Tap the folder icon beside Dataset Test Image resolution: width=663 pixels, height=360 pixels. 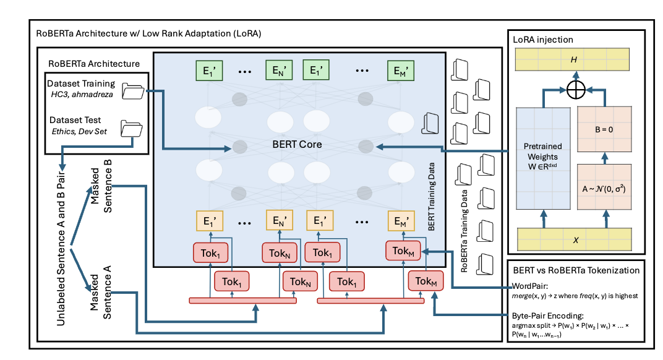132,129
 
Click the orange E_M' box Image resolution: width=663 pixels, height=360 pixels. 401,221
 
